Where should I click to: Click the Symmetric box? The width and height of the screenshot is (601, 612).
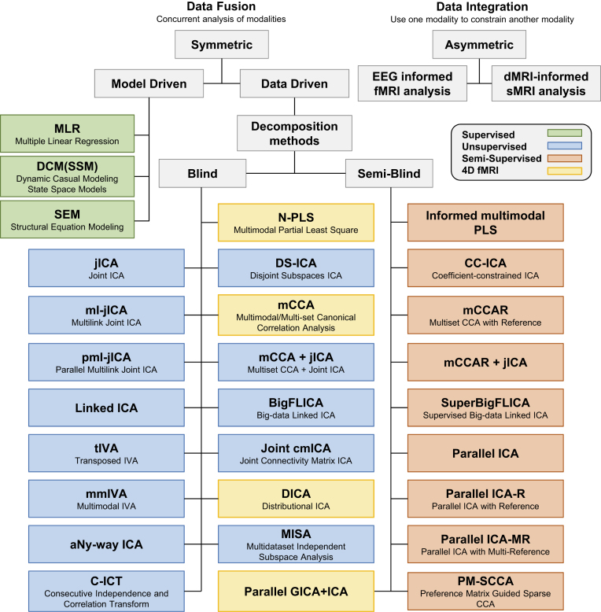[x=222, y=45]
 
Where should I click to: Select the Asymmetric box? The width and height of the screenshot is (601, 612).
[x=479, y=45]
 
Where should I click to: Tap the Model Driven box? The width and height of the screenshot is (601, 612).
[x=149, y=83]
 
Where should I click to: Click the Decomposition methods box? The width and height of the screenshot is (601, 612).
[x=294, y=133]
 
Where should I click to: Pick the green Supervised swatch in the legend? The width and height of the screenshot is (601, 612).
[x=564, y=133]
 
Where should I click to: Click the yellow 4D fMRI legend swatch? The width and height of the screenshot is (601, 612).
[x=564, y=171]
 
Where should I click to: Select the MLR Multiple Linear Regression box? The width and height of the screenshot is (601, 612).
[x=67, y=134]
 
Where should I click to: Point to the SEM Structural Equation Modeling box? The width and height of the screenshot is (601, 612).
[x=67, y=219]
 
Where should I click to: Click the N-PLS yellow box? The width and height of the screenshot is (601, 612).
[x=296, y=223]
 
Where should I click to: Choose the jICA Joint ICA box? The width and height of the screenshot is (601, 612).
[x=106, y=268]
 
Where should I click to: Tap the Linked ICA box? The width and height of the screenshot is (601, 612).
[x=106, y=407]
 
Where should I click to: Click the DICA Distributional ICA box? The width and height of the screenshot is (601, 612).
[x=296, y=499]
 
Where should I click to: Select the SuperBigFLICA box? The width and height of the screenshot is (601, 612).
[x=485, y=407]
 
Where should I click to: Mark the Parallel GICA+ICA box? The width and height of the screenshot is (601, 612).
[x=296, y=592]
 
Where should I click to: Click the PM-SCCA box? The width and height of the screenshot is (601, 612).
[x=485, y=592]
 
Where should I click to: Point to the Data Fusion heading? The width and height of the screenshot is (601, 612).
[x=221, y=6]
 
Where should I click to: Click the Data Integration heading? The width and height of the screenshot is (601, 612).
[x=482, y=6]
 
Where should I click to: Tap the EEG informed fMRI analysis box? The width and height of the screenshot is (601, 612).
[x=412, y=83]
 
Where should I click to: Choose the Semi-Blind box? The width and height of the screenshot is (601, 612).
[x=389, y=173]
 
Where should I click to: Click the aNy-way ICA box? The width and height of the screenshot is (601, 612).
[x=106, y=544]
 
